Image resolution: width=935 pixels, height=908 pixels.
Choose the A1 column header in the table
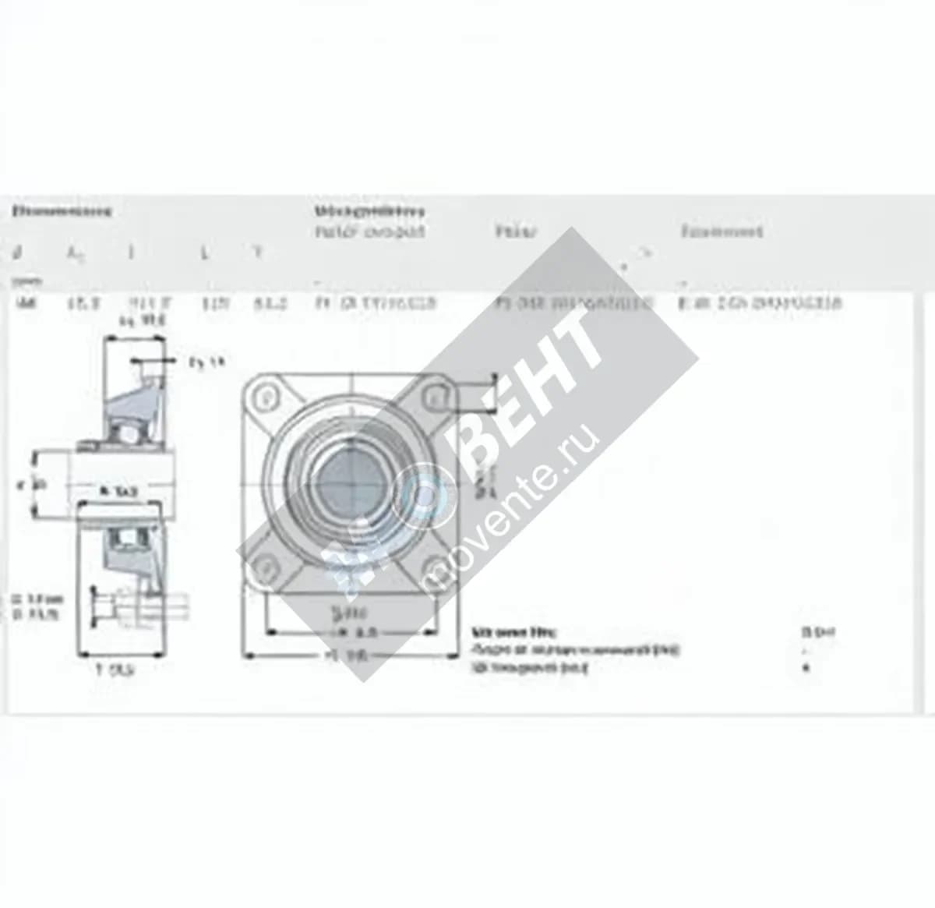pyautogui.click(x=75, y=253)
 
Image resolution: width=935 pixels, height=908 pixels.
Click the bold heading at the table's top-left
pyautogui.click(x=62, y=210)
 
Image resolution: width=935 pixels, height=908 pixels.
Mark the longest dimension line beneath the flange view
pyautogui.click(x=351, y=656)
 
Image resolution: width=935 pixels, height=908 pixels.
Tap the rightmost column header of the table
pyautogui.click(x=722, y=231)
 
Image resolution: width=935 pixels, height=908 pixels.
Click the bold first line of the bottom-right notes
pyautogui.click(x=514, y=632)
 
